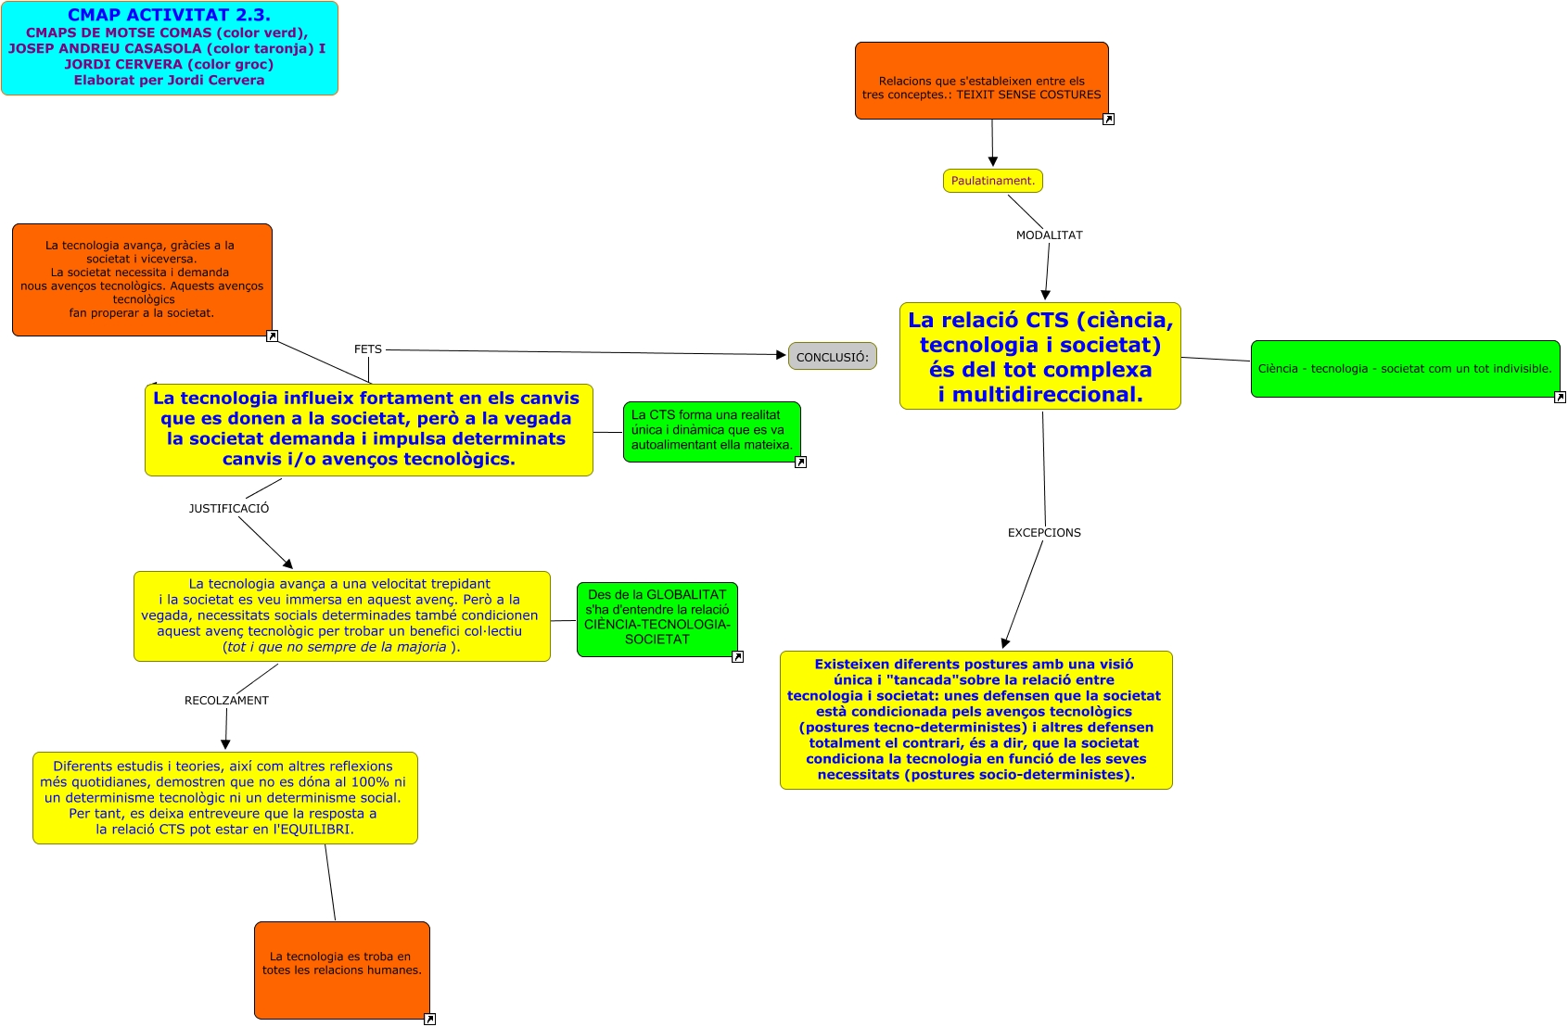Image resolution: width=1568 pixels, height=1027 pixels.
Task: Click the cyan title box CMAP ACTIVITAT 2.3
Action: tap(170, 48)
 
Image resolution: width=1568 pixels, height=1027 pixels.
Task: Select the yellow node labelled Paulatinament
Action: tap(992, 181)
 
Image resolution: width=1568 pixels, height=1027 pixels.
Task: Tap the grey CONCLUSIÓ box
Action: tap(832, 357)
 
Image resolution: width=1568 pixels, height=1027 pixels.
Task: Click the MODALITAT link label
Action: tap(1049, 235)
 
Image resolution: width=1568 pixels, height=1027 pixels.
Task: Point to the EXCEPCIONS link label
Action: tap(1044, 533)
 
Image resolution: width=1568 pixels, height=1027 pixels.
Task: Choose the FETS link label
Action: tap(368, 349)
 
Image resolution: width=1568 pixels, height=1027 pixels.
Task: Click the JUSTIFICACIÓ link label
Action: tap(229, 509)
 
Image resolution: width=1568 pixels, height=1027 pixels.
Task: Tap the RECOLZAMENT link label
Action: tap(226, 701)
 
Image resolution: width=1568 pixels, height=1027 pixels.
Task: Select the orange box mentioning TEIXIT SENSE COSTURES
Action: tap(981, 82)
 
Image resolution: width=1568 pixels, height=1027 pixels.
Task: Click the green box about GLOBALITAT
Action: tap(657, 618)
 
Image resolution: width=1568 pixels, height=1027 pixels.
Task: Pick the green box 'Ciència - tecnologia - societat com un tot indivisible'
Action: tap(1404, 369)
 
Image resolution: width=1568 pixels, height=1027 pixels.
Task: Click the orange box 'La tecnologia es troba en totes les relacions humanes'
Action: tap(341, 970)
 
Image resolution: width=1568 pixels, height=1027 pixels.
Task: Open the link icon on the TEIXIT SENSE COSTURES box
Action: tap(1108, 120)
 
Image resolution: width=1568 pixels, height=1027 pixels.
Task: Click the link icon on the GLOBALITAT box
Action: tap(737, 657)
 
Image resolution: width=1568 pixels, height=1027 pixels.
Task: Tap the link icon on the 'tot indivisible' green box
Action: tap(1560, 398)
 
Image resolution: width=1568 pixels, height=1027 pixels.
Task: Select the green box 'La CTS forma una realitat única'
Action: tap(711, 431)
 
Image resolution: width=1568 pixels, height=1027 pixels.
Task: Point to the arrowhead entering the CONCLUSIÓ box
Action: tap(781, 355)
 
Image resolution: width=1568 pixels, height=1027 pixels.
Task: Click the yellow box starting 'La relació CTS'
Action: tap(1039, 357)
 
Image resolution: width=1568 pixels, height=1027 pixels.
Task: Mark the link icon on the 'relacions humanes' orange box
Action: tap(429, 1020)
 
